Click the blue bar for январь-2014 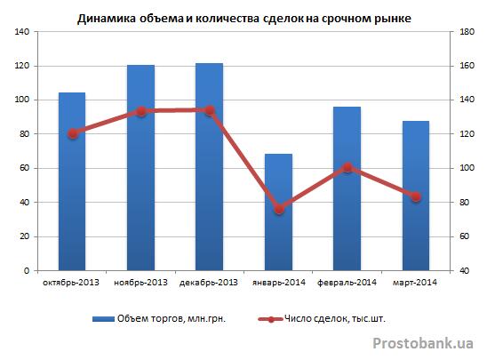(x=278, y=212)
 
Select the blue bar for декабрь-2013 (x=209, y=167)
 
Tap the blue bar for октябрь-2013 (x=72, y=181)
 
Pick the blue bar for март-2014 (x=416, y=196)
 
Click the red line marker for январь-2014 (x=280, y=210)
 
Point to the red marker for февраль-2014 (x=347, y=168)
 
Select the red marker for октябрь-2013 (x=73, y=134)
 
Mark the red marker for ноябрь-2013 (x=141, y=111)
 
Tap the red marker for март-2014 (x=416, y=197)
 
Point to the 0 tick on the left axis (x=26, y=270)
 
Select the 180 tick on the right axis (x=467, y=32)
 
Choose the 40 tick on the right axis (x=464, y=270)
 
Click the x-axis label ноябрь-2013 (x=140, y=283)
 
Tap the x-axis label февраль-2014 (x=347, y=283)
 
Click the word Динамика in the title (x=107, y=19)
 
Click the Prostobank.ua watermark (x=423, y=343)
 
